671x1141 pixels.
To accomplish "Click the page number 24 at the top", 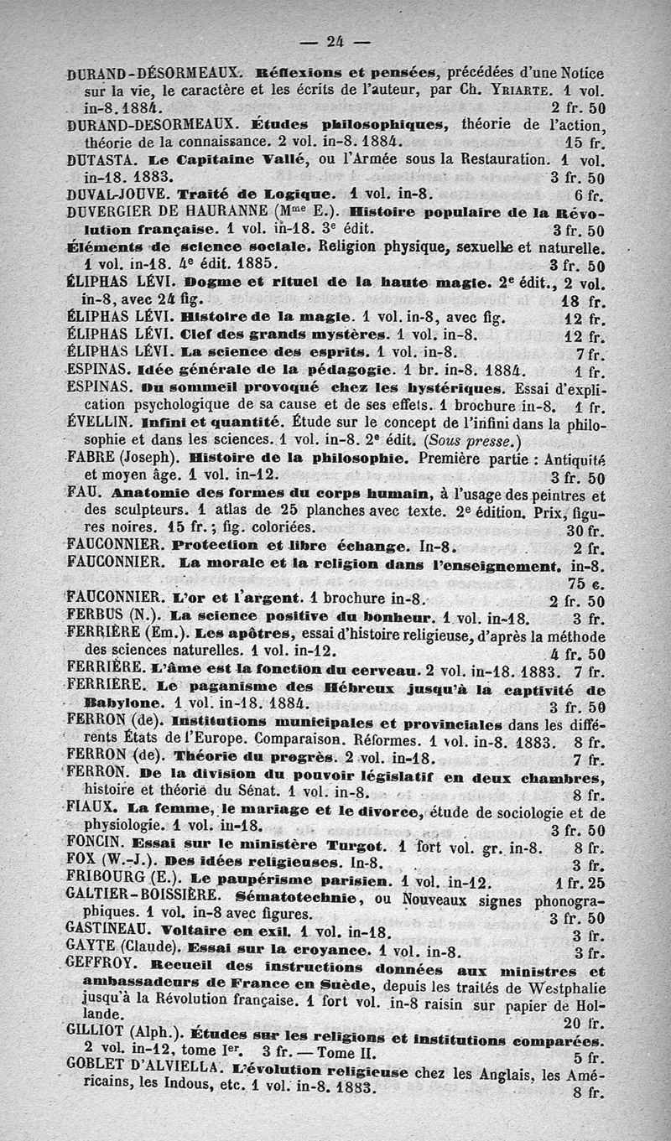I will (x=335, y=39).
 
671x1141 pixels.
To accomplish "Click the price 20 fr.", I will (x=584, y=1023).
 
